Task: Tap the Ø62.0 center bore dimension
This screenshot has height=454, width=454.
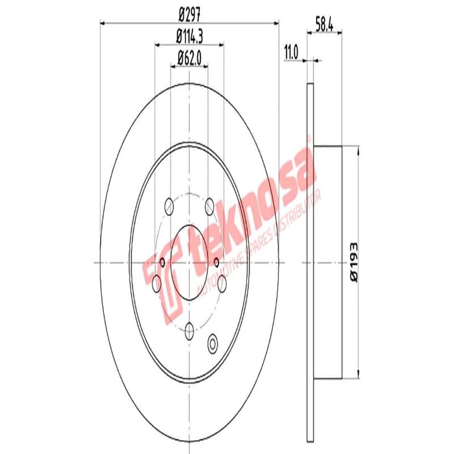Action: (190, 57)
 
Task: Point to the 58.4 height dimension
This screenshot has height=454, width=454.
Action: (323, 24)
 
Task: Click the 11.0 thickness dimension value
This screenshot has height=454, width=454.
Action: (291, 54)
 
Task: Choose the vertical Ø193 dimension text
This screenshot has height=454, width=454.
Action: (353, 262)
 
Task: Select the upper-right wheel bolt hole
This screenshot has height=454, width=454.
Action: (209, 205)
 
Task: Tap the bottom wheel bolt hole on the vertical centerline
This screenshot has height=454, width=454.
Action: (190, 327)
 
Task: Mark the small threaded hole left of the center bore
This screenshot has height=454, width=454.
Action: (163, 262)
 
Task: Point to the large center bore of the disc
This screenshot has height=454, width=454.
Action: (190, 262)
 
